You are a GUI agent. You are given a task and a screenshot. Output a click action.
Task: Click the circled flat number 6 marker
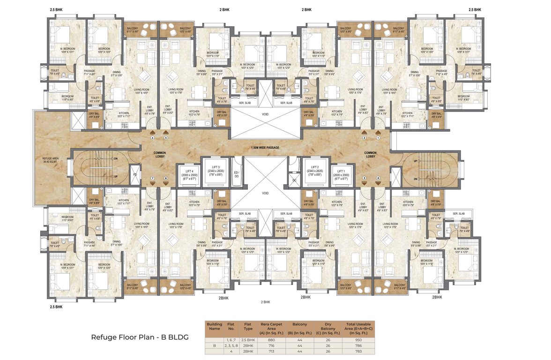(152, 138)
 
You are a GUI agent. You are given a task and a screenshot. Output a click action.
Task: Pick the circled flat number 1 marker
(379, 138)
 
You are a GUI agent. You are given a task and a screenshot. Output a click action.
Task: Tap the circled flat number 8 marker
(165, 179)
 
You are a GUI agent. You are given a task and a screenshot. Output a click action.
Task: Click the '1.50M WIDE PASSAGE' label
(266, 148)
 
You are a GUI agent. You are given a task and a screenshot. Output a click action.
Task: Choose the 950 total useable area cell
(359, 339)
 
